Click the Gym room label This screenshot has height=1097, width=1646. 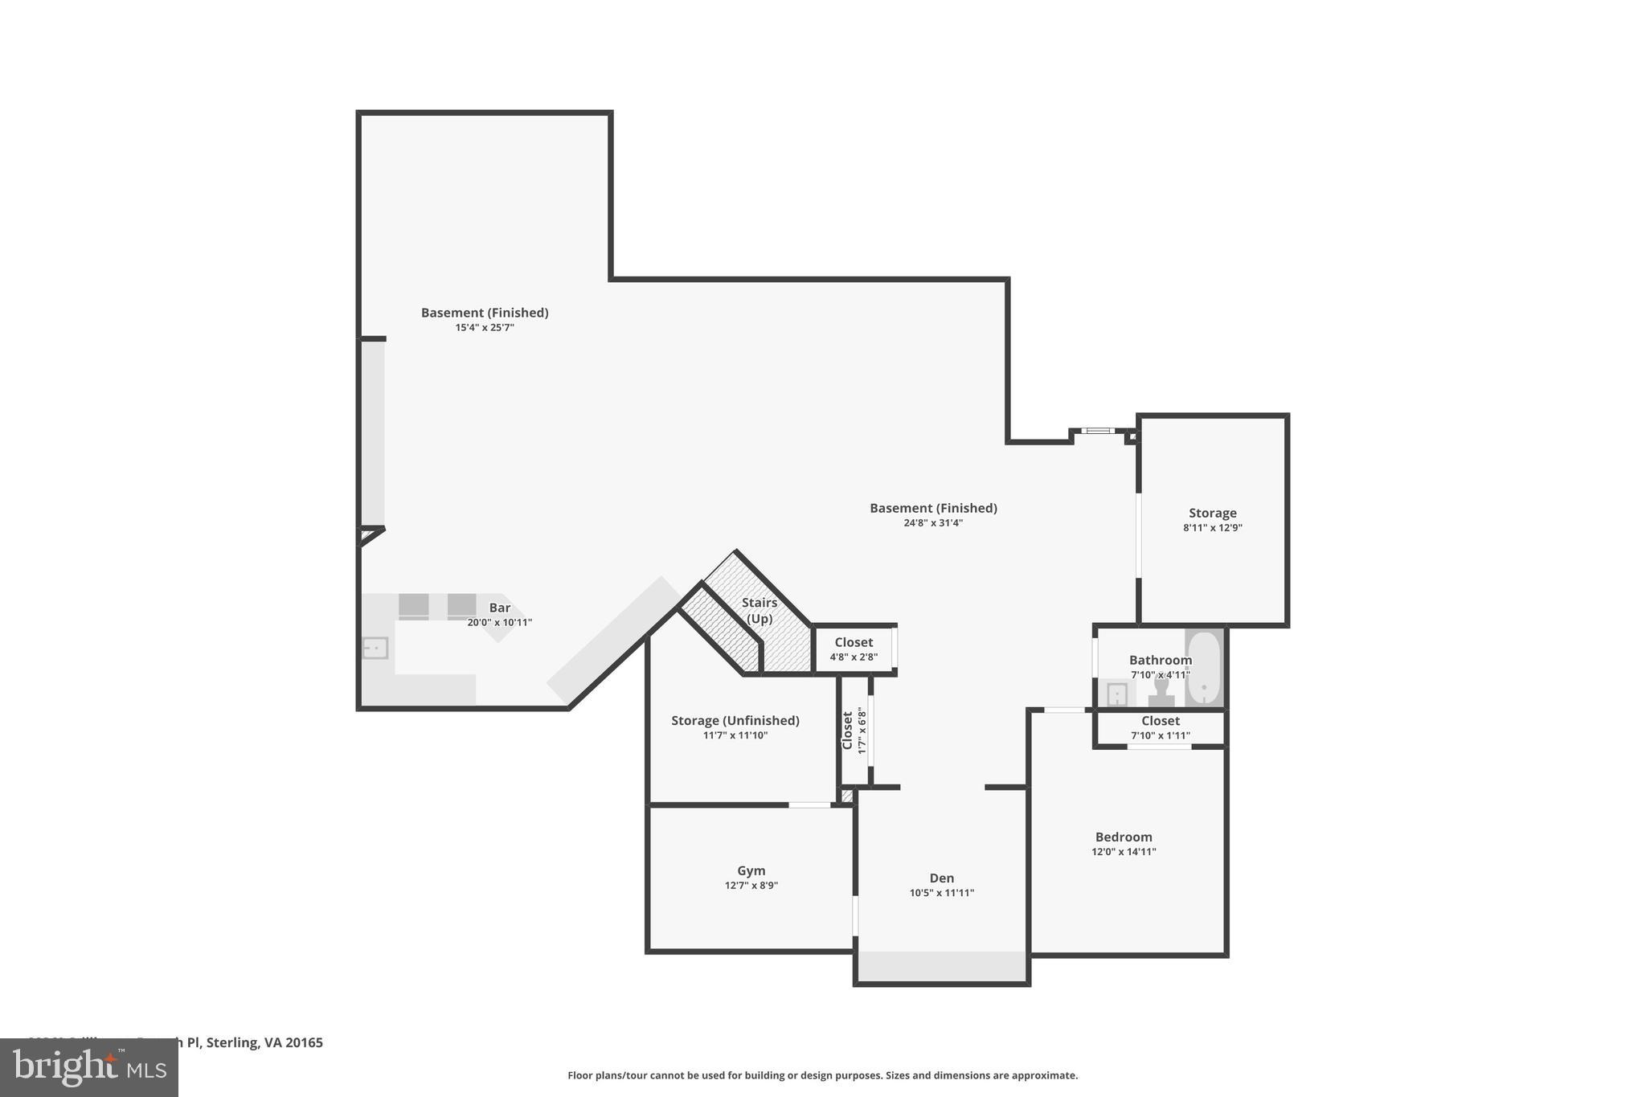point(751,870)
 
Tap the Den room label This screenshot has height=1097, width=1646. point(941,878)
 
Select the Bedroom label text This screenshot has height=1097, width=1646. point(1123,837)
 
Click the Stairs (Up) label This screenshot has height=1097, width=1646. point(759,610)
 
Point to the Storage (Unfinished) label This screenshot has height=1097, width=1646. point(735,720)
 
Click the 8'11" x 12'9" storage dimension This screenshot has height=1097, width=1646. point(1212,528)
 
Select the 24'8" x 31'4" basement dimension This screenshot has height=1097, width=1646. point(932,523)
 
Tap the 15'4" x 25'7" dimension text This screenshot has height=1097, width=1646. point(484,328)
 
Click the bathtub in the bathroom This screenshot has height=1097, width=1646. point(1203,669)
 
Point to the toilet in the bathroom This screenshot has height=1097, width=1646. point(1161,692)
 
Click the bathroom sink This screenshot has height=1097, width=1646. point(1117,694)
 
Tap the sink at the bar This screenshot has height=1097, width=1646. point(375,647)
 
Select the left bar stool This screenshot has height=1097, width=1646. point(413,606)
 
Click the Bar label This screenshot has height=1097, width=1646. point(499,608)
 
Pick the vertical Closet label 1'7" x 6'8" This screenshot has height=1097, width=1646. point(854,731)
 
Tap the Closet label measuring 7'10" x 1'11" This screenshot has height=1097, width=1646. point(1160,727)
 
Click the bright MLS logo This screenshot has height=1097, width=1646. point(88,1067)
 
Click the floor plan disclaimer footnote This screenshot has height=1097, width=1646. point(822,1075)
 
